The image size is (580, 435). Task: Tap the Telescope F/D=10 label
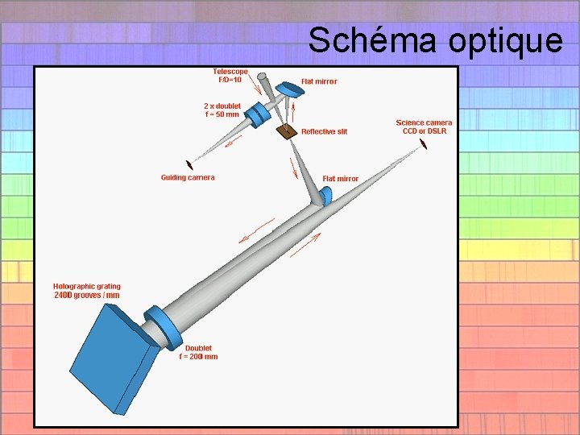(x=230, y=75)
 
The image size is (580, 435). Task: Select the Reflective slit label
(x=324, y=131)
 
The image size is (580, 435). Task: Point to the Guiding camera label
(x=188, y=177)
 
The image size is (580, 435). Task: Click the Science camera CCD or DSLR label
(x=424, y=126)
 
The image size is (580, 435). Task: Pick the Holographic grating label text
(x=87, y=290)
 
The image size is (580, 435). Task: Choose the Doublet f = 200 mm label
(x=198, y=352)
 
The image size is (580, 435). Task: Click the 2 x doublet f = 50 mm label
(x=222, y=110)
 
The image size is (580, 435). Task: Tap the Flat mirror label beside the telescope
(x=319, y=81)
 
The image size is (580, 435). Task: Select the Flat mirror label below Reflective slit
(x=341, y=178)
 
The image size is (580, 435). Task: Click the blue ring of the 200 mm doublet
(x=165, y=327)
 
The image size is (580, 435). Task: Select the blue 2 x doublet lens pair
(x=256, y=115)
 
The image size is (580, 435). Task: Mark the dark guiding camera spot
(x=189, y=163)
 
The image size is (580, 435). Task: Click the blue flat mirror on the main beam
(x=325, y=196)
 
